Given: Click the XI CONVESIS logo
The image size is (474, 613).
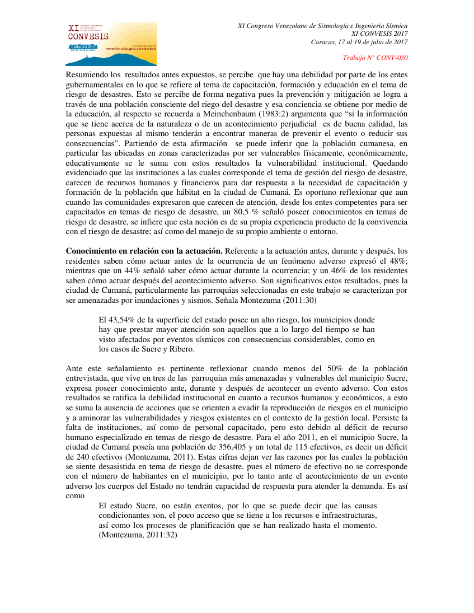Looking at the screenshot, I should (111, 44).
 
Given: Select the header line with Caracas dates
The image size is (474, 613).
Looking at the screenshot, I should (359, 42).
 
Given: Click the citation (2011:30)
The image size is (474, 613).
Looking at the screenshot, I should (298, 300).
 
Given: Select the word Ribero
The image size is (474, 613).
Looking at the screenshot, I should (179, 349).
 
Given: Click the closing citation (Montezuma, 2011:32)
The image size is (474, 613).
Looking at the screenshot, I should (138, 535).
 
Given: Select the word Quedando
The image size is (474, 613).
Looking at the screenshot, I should (387, 163).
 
